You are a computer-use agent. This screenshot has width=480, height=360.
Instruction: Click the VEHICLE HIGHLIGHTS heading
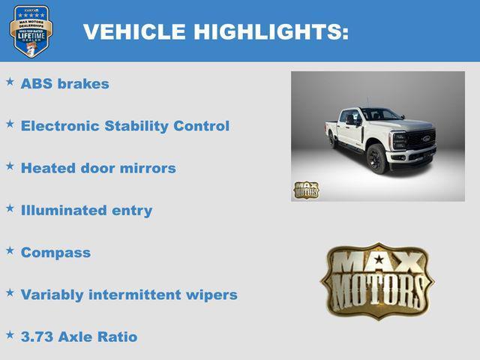click(215, 31)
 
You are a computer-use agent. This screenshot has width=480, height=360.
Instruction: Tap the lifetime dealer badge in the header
click(31, 31)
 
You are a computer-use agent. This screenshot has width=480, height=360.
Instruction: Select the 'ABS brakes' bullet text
click(64, 84)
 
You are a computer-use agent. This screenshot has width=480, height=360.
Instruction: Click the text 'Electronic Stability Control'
click(124, 126)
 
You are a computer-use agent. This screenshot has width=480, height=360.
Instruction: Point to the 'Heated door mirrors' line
click(98, 168)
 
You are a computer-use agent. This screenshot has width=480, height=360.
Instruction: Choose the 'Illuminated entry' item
click(86, 210)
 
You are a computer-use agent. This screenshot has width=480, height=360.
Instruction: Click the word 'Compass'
click(55, 253)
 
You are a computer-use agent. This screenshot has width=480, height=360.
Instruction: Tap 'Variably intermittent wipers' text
click(129, 295)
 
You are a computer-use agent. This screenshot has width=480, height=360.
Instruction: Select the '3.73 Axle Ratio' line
click(79, 337)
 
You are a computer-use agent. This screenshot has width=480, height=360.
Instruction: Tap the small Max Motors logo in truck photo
click(306, 190)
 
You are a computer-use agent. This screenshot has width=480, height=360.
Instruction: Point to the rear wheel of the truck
click(332, 140)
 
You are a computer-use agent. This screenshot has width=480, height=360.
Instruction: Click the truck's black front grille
click(421, 140)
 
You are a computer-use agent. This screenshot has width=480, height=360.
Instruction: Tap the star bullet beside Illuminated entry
click(10, 208)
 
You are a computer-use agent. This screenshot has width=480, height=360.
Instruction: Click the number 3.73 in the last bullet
click(37, 337)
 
